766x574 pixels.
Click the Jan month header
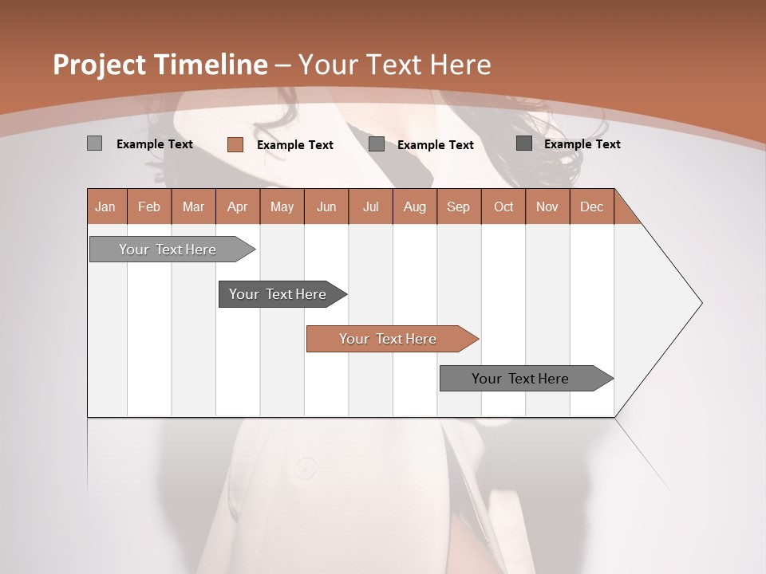[106, 206]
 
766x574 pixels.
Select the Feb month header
[149, 206]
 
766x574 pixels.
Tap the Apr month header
[237, 206]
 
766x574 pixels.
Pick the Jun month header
[326, 206]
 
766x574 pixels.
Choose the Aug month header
[414, 206]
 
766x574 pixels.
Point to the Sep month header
[458, 206]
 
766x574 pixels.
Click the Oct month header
[503, 206]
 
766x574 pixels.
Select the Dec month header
[591, 206]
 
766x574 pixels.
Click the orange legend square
[235, 144]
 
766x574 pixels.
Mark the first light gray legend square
[95, 143]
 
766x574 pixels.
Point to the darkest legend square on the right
[524, 143]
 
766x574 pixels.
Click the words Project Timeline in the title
[160, 65]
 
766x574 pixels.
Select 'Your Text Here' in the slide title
[394, 65]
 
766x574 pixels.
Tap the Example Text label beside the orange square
[294, 145]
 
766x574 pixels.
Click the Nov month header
[547, 206]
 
